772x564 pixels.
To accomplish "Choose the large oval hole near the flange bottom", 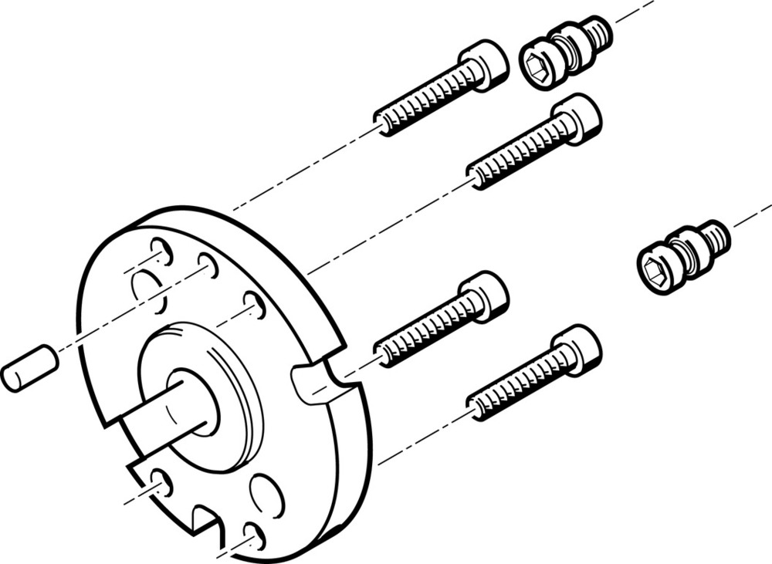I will pos(267,494).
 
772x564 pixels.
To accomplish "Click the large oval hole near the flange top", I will pos(147,290).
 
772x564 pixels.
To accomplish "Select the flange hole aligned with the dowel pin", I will pos(208,265).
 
